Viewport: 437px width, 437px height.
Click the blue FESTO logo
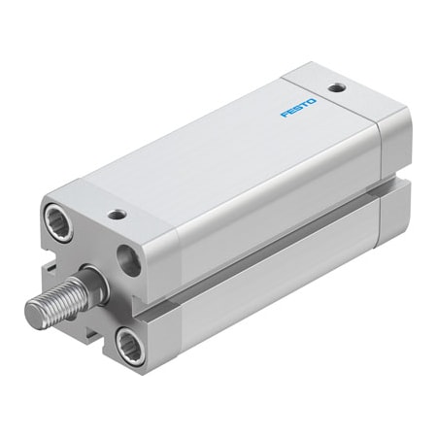(298, 108)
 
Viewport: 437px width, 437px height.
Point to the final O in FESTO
(312, 102)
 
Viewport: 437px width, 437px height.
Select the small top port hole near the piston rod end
(118, 214)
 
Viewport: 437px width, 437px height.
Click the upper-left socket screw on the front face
(59, 222)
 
